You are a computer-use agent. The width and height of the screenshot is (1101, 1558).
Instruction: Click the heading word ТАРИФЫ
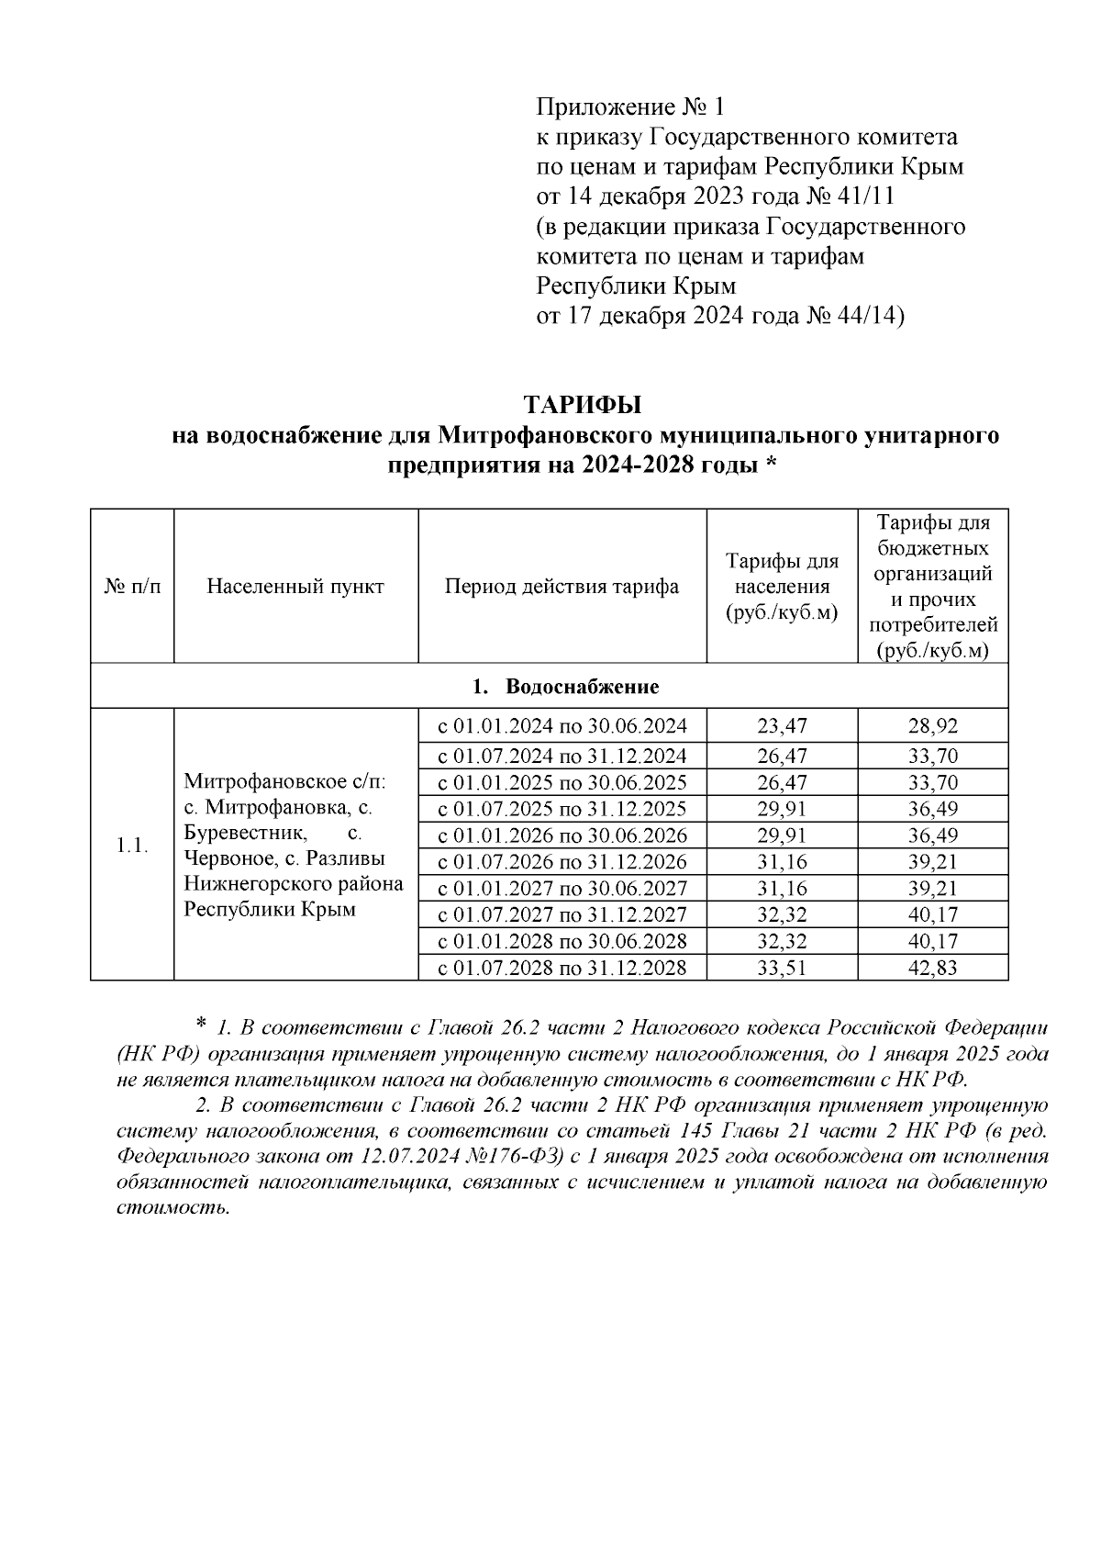coord(583,405)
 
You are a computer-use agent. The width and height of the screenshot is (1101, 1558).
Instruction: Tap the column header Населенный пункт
coord(295,587)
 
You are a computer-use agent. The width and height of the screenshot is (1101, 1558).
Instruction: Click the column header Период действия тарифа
coord(562,587)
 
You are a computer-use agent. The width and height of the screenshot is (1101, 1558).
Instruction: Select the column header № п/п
coord(132,587)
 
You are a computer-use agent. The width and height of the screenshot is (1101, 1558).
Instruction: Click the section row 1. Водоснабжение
coord(565,687)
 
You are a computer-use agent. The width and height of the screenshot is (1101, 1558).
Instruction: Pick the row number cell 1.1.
coord(132,846)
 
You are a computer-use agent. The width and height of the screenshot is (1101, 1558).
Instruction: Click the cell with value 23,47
coord(782,726)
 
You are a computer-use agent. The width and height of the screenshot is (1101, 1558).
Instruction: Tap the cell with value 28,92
coord(932,726)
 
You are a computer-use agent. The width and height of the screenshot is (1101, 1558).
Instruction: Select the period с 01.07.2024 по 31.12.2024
coord(562,757)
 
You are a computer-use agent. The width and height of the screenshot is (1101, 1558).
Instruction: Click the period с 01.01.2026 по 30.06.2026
coord(562,835)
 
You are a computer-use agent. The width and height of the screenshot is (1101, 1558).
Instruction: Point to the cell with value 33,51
coord(782,968)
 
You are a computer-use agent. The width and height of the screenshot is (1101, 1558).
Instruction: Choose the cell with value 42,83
coord(932,968)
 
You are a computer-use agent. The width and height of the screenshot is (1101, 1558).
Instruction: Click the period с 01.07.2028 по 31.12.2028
coord(562,968)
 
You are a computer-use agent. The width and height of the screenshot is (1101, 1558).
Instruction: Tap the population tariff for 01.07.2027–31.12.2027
coord(782,914)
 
